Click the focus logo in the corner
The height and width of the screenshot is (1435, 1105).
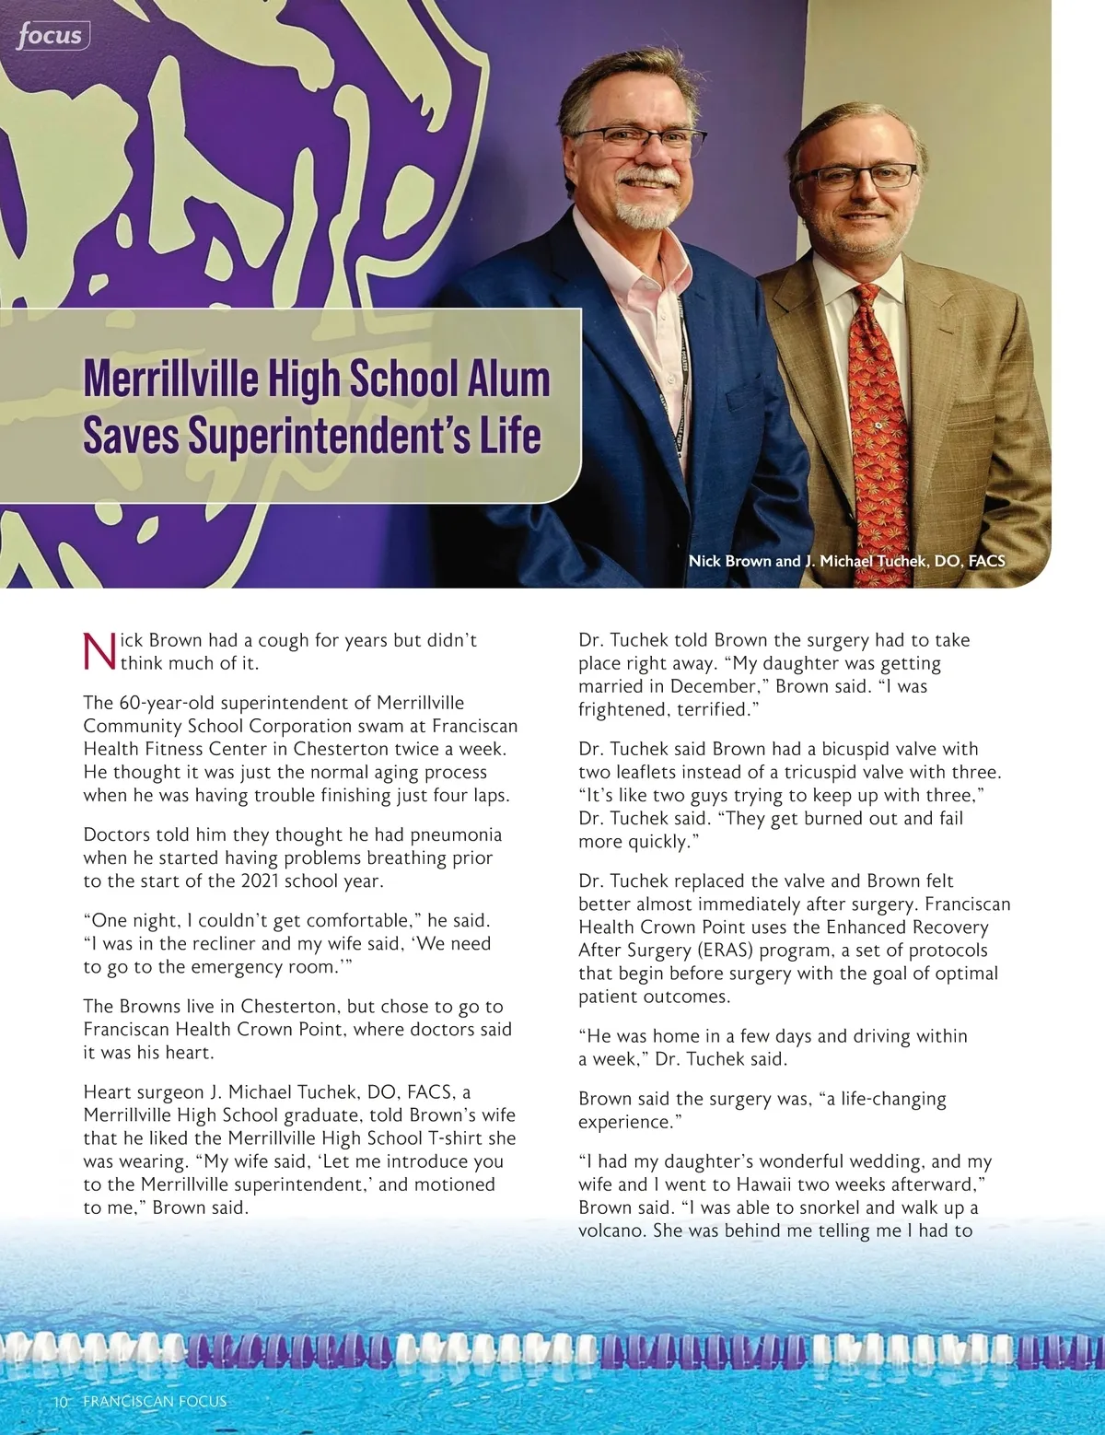52,36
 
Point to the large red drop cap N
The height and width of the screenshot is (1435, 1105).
99,651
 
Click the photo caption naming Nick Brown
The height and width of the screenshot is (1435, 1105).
846,561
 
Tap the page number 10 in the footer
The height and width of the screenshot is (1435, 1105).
61,1401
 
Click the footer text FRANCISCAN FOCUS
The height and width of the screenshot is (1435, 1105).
154,1401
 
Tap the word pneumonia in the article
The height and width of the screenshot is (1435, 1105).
456,834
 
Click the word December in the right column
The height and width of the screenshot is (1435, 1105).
713,686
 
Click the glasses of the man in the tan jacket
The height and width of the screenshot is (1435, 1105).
855,175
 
